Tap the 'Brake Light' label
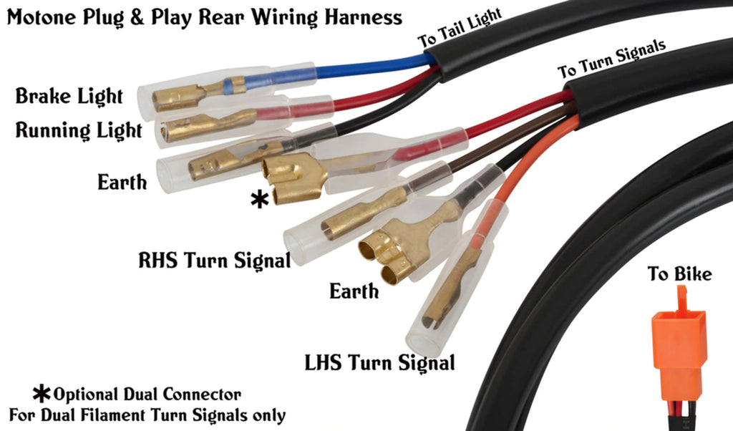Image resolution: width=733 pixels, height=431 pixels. pos(69,95)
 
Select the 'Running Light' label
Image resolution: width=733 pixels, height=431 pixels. pos(79,131)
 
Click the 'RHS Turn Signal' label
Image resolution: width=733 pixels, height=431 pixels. pos(214,259)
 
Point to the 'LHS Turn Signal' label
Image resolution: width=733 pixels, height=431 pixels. pos(379,362)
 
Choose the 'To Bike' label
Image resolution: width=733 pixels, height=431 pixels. pos(679,274)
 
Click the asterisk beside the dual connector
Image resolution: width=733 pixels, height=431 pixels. pos(259,199)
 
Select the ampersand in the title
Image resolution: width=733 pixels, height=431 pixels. pos(136,17)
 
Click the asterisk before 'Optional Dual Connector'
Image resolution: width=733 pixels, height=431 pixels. pos(42,393)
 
